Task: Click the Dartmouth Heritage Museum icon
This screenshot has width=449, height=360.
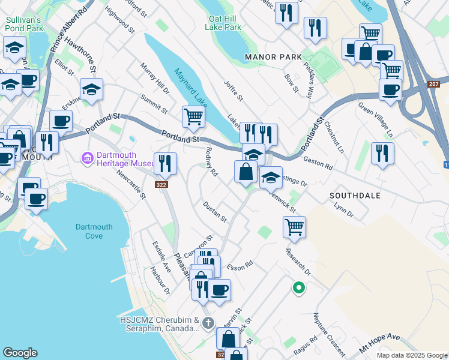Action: [88, 157]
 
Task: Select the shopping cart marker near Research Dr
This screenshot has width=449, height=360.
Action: [294, 226]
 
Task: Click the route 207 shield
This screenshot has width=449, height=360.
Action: [434, 84]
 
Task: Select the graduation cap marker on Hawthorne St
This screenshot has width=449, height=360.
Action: [92, 90]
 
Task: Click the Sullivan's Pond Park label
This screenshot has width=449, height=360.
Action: [25, 23]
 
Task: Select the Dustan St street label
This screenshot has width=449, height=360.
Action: [214, 212]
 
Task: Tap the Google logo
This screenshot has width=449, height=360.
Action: [20, 353]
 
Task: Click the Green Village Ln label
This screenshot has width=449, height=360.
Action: [375, 118]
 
